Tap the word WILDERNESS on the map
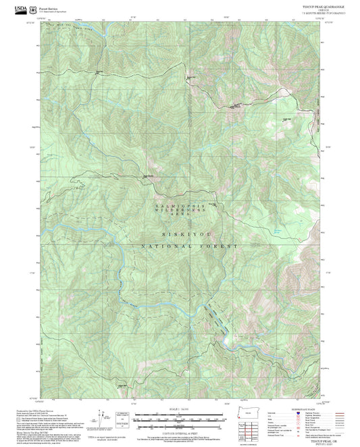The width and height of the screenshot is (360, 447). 180,211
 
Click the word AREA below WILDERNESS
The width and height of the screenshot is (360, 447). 180,219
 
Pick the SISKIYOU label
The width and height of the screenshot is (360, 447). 181,231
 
